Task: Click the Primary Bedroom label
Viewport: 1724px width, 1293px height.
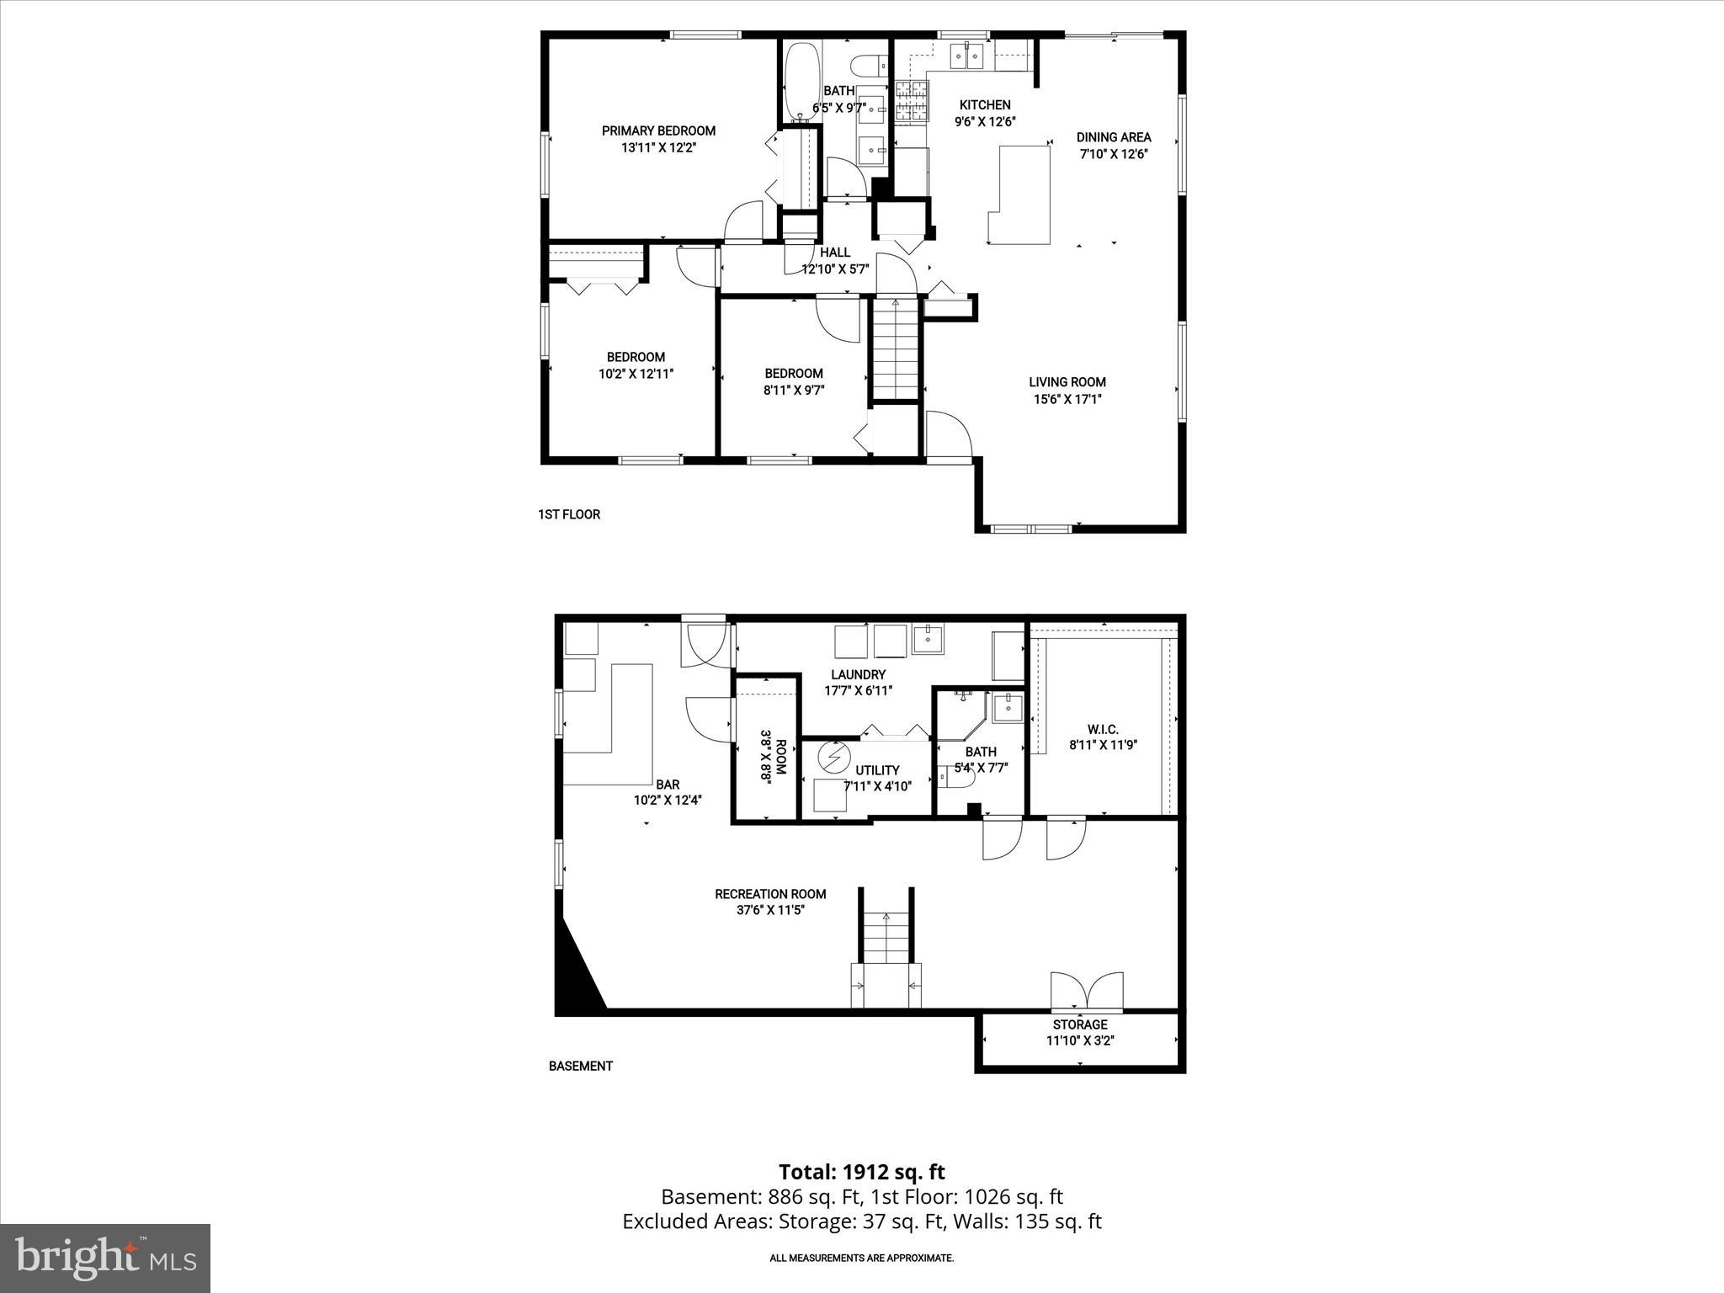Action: click(658, 130)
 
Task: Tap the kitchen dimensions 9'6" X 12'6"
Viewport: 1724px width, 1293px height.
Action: click(985, 121)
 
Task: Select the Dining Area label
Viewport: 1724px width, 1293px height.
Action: click(1114, 137)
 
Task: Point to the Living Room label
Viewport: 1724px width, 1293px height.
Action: click(1067, 382)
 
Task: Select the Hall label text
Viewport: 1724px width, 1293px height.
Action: click(835, 252)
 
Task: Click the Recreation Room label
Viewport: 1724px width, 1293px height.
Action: click(770, 894)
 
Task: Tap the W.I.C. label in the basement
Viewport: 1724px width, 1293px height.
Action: click(1103, 730)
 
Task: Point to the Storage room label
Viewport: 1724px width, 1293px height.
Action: click(1080, 1024)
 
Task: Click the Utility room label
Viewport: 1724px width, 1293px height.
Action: click(877, 770)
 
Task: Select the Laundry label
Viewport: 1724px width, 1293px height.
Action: click(858, 674)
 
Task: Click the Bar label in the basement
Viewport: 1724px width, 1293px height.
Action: click(668, 785)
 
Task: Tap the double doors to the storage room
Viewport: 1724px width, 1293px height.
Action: click(1087, 992)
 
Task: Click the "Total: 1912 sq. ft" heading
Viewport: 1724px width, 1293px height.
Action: click(861, 1172)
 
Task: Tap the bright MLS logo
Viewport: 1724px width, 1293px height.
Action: click(105, 1258)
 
